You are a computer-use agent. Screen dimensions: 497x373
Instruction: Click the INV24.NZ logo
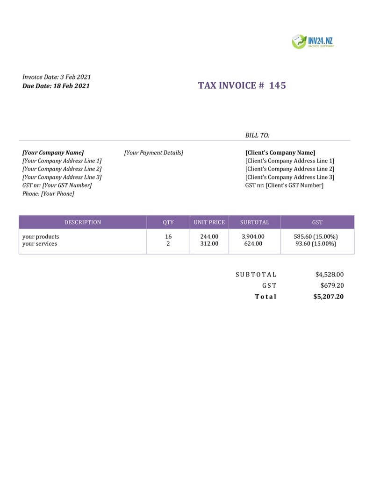tap(313, 42)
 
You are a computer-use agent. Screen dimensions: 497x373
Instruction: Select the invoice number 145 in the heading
tap(278, 85)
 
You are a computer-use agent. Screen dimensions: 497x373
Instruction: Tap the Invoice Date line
tap(57, 77)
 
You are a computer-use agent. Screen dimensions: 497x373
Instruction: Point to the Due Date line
tap(56, 86)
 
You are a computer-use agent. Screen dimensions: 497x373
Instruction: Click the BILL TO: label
tap(258, 135)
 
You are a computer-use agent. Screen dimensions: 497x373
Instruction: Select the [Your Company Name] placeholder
tap(53, 153)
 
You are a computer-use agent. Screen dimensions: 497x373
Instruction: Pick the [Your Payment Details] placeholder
tap(154, 153)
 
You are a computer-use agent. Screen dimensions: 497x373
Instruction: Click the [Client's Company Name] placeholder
tap(280, 153)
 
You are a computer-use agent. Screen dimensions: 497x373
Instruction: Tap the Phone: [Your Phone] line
tap(48, 193)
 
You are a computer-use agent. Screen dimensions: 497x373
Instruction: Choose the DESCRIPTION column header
tap(83, 222)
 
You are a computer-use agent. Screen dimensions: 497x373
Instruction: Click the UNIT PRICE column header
tap(209, 222)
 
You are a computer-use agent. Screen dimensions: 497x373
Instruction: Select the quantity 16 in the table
tap(168, 237)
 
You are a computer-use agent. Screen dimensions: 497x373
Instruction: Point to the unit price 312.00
tap(209, 244)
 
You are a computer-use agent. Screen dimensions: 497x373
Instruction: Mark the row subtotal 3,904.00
tap(253, 237)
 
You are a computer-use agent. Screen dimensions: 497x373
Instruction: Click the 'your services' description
tap(40, 244)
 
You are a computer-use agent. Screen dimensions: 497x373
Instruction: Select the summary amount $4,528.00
tap(330, 275)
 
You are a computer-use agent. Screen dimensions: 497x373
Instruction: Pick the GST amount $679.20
tap(332, 285)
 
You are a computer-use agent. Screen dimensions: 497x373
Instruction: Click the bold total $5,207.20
tap(329, 297)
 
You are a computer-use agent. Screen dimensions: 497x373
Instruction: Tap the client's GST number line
tap(284, 185)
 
